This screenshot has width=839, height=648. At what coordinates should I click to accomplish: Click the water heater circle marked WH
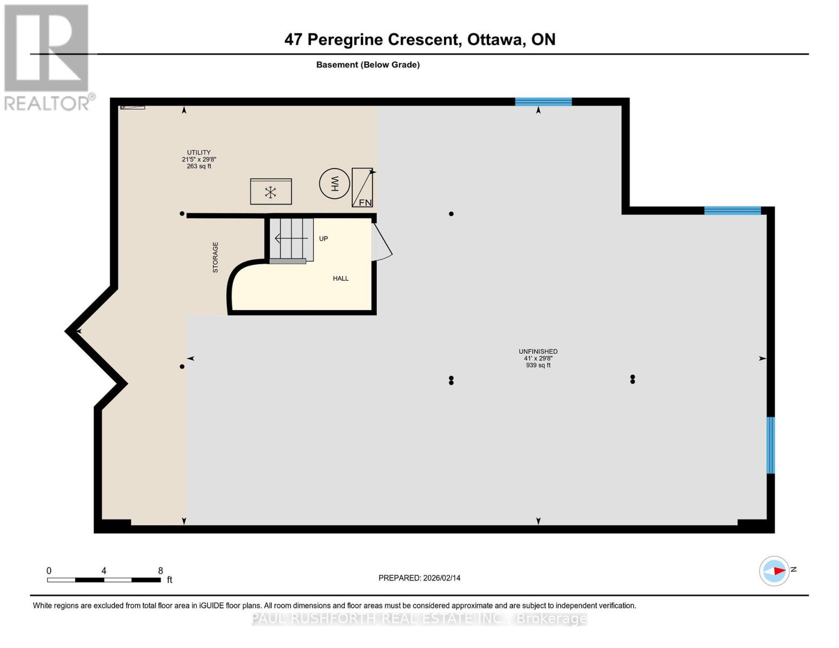(334, 184)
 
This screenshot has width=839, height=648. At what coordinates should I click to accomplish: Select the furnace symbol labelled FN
(362, 187)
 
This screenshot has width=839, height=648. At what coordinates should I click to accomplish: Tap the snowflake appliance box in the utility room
(271, 192)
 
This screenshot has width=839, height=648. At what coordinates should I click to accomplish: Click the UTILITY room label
(199, 153)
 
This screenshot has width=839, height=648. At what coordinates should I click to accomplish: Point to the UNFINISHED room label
(538, 352)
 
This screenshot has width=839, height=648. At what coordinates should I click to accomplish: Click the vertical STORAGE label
(215, 257)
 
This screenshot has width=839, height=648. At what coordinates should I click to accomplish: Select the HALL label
(340, 279)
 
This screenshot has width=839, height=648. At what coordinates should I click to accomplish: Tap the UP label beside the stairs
(323, 239)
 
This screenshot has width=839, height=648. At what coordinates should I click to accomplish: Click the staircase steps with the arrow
(291, 238)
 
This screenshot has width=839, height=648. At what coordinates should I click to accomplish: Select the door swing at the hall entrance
(382, 242)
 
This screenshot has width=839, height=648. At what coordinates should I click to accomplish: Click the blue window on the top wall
(543, 102)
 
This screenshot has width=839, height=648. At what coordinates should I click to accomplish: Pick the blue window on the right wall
(770, 445)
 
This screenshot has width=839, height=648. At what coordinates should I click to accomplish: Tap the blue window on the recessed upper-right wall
(732, 211)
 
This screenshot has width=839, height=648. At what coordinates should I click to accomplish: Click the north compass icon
(774, 570)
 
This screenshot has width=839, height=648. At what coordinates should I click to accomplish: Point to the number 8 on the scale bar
(160, 571)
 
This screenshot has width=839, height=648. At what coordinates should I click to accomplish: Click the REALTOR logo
(47, 57)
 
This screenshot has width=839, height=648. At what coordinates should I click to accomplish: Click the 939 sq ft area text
(538, 366)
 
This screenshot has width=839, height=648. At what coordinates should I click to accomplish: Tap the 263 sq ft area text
(199, 166)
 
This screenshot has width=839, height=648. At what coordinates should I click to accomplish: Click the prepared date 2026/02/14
(441, 578)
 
